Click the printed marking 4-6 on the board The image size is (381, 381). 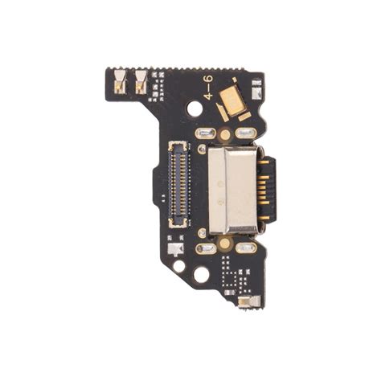209,88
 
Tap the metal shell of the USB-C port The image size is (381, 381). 233,190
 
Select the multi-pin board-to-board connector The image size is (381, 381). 179,185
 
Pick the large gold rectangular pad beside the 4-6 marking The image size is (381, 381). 231,102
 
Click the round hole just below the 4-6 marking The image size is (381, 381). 195,109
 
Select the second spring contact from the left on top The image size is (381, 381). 141,82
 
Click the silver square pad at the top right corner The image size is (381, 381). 256,90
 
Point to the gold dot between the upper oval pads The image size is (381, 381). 225,133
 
